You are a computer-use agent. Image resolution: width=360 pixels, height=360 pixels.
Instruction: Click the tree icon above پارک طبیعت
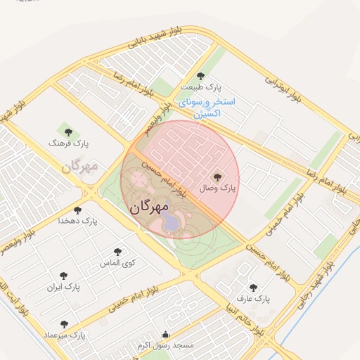click(x=200, y=76)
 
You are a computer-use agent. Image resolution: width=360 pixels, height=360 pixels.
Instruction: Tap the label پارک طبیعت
click(x=200, y=87)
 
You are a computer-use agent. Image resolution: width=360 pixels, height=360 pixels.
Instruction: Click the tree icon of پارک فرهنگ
click(x=68, y=131)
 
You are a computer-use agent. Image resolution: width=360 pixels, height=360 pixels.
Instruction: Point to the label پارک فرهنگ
click(x=65, y=143)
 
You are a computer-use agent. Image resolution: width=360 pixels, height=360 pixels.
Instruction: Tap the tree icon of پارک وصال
click(x=217, y=177)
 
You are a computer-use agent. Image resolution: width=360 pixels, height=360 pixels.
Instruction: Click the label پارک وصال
click(x=219, y=188)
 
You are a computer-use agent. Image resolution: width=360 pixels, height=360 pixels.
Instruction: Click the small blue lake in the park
click(x=171, y=224)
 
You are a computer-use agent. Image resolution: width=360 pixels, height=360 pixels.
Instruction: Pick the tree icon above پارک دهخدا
click(x=77, y=210)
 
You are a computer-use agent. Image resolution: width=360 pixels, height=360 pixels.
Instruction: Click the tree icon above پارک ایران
click(x=64, y=276)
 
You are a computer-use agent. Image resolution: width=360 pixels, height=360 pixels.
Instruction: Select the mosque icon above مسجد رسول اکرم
click(x=165, y=335)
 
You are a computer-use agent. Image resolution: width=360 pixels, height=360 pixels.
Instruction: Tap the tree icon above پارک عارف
click(x=253, y=287)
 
